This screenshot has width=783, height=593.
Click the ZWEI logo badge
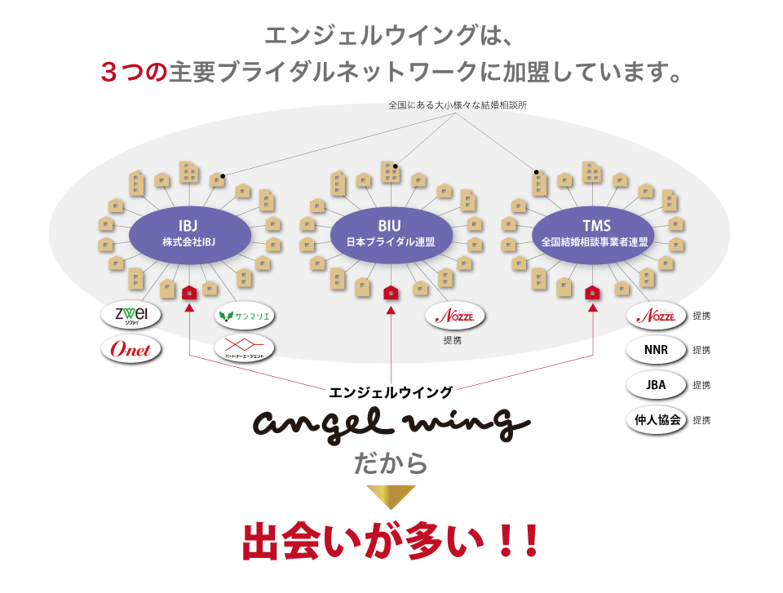(130, 316)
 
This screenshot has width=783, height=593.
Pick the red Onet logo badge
(130, 349)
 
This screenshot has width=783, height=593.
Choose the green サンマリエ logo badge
(244, 316)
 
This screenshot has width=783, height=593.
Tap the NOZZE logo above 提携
(454, 316)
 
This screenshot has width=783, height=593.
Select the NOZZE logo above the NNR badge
(656, 316)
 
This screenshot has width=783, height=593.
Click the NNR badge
(656, 350)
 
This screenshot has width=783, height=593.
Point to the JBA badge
(656, 385)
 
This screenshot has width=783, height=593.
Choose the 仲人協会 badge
(656, 420)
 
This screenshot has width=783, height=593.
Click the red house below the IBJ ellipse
(189, 292)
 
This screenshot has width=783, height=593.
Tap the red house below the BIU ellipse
(391, 292)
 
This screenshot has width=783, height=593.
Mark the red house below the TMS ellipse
(593, 292)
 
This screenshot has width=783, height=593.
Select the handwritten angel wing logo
(391, 423)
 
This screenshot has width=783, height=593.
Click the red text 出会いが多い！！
(391, 541)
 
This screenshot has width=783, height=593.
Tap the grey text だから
(391, 463)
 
